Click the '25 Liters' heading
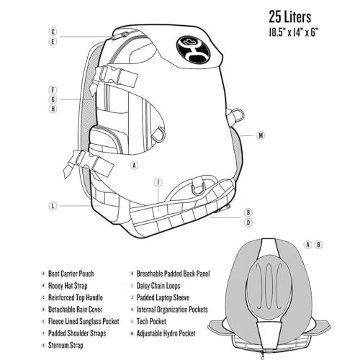pos(289,17)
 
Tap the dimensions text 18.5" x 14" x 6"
pos(293,32)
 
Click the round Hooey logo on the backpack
pos(193,49)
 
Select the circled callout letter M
pos(261,135)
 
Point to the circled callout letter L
pos(53,206)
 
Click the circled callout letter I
pos(158,182)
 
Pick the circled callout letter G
pos(53,99)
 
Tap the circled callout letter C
pos(53,32)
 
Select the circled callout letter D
pos(248,222)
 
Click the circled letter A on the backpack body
pos(134,165)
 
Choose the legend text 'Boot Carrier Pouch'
pos(71,274)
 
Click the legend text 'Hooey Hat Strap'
pos(68,286)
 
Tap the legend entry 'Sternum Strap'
pos(66,345)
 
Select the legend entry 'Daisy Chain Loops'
pos(158,286)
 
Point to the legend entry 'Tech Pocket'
pos(151,321)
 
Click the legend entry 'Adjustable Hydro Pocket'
pos(166,333)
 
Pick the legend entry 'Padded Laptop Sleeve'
pos(163,297)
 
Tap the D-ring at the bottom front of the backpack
pos(198,189)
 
